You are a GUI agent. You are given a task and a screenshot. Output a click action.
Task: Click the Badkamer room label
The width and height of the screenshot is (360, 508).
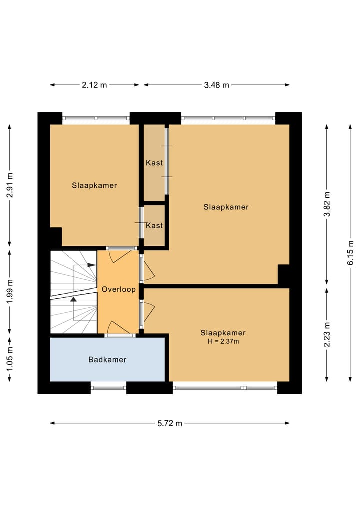[x=107, y=359]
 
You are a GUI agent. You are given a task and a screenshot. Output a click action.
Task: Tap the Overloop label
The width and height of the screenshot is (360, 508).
[x=118, y=289]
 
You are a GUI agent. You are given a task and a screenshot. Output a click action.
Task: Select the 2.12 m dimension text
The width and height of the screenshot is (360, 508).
[x=94, y=85]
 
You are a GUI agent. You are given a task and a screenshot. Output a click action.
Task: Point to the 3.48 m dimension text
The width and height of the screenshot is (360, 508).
[x=216, y=85]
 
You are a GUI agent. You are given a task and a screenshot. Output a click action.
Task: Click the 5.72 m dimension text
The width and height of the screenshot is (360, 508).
[x=170, y=423]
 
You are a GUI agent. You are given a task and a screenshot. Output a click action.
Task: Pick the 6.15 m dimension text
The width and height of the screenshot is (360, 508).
[x=350, y=252]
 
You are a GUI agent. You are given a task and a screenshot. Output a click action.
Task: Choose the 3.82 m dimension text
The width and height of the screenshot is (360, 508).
[x=327, y=204]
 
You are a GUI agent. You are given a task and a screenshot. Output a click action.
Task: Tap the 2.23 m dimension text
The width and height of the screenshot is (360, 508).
[x=327, y=334]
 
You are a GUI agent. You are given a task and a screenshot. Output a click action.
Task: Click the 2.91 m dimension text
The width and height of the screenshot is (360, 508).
[x=10, y=185]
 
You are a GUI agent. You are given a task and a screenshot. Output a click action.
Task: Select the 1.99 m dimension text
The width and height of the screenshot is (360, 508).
[x=10, y=291]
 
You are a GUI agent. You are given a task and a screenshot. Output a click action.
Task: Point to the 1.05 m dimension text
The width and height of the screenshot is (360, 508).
[x=10, y=360]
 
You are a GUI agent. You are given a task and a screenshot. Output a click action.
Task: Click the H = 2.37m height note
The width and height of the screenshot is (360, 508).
[x=223, y=341]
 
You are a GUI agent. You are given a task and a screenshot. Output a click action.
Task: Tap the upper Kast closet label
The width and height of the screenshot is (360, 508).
[x=154, y=163]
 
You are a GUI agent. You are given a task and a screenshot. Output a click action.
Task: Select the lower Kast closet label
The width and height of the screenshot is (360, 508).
[x=154, y=225]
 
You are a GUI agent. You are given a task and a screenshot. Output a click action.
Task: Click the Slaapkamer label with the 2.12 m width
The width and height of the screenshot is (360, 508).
[x=94, y=185]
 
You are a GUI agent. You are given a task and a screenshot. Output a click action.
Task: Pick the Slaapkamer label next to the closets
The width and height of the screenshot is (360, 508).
[x=226, y=207]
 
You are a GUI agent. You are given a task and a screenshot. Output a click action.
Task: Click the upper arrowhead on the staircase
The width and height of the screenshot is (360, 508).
[x=92, y=265]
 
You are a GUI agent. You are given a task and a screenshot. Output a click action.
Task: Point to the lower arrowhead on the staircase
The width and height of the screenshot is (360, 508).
[x=74, y=299]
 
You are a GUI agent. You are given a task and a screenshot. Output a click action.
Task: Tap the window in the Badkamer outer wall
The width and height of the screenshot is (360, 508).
[x=108, y=387]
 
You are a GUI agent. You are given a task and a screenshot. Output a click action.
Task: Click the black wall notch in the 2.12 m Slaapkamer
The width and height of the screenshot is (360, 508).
[x=56, y=236]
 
